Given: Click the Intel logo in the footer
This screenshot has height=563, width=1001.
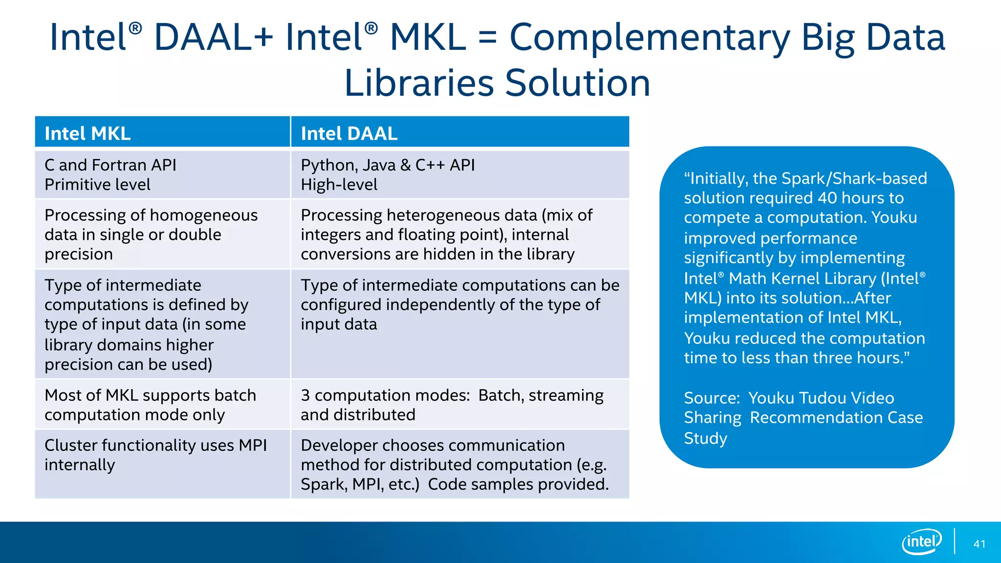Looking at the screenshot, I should pos(921,541).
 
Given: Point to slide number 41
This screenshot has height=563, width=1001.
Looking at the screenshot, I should pos(979,544).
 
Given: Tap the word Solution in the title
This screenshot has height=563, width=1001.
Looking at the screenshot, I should pos(577,83).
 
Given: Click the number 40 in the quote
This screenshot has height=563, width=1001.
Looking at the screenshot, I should pos(827,198).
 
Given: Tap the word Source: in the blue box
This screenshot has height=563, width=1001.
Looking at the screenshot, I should pos(712,398).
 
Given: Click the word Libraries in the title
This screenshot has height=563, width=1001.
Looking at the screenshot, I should pos(419,83).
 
